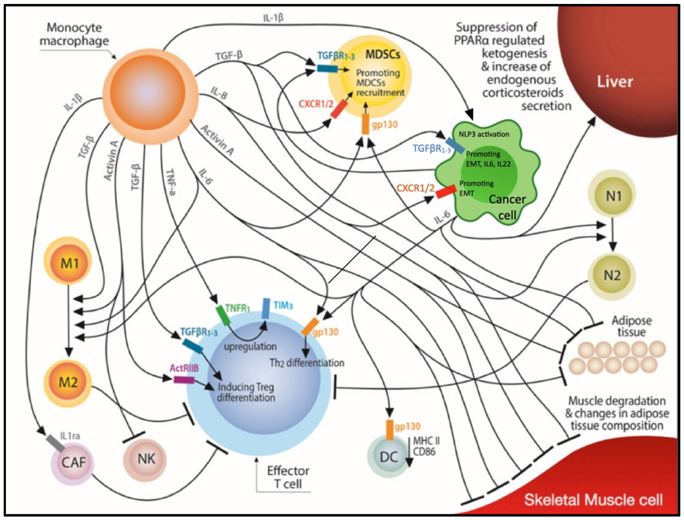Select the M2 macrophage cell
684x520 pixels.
[x=68, y=383]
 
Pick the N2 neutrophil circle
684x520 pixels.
[x=612, y=275]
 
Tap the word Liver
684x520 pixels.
[x=615, y=82]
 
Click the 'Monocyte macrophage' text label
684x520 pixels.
[x=74, y=34]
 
